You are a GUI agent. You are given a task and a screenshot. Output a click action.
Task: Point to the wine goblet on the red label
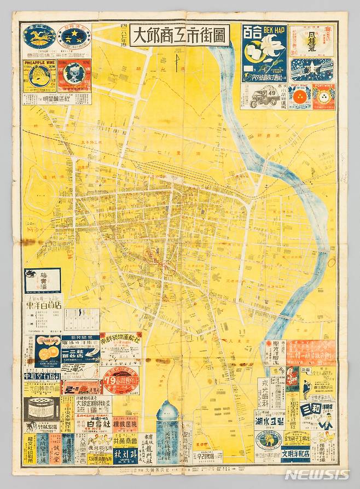coord(75,74)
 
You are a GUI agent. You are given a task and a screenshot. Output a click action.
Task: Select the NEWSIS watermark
coord(316,474)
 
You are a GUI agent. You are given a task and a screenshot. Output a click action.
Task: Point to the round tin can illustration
coord(42,408)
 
